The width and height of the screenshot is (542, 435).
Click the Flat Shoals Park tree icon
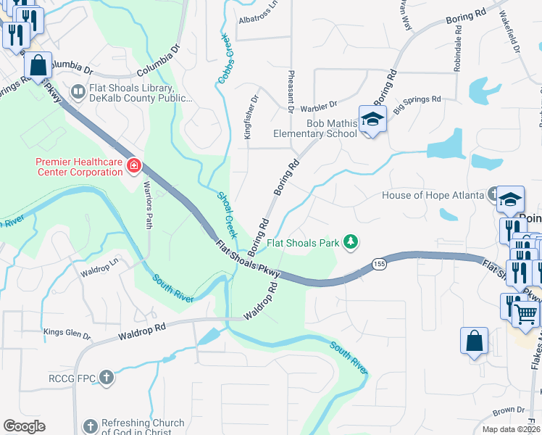(x=351, y=241)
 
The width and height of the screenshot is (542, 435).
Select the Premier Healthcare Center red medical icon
(x=133, y=167)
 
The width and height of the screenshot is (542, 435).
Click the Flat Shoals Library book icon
(x=78, y=92)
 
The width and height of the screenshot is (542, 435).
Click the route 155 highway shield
(x=379, y=263)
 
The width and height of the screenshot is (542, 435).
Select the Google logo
(x=25, y=426)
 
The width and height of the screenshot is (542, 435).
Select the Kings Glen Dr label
(x=67, y=336)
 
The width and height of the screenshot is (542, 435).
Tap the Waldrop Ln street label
(x=99, y=269)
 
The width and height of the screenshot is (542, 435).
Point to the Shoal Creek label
(x=228, y=215)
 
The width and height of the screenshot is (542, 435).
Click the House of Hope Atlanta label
(x=433, y=196)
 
